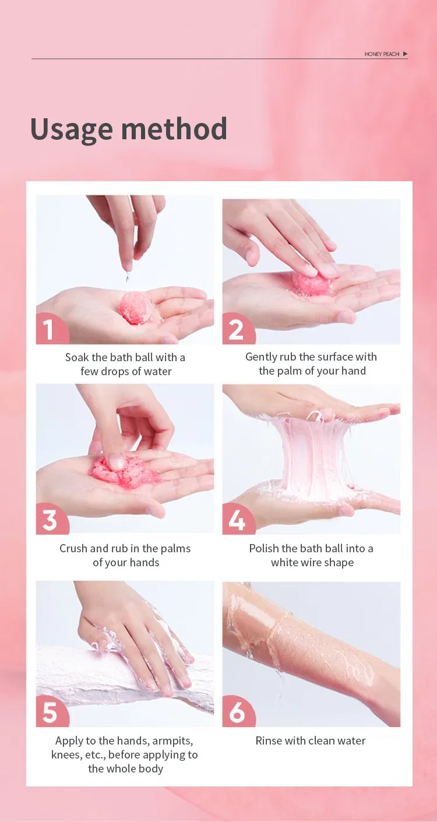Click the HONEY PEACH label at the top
click(x=382, y=54)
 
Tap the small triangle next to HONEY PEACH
click(x=406, y=54)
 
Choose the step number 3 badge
click(x=50, y=520)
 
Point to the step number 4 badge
click(x=237, y=520)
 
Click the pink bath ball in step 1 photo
click(x=136, y=308)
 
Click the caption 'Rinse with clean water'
click(x=311, y=741)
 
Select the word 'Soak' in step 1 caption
click(x=77, y=358)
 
